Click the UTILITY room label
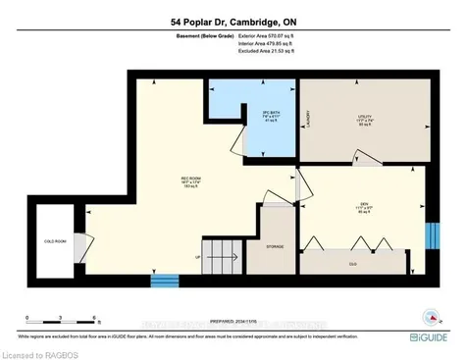pyautogui.click(x=364, y=118)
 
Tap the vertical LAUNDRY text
pyautogui.click(x=307, y=119)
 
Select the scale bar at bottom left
pyautogui.click(x=60, y=323)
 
